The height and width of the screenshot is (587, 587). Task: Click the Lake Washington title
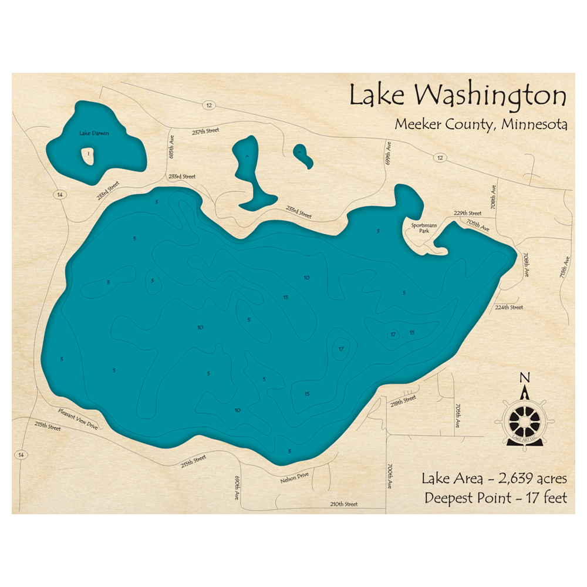458,96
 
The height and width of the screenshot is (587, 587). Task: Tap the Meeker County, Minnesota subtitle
481,125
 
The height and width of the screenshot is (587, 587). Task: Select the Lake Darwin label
94,133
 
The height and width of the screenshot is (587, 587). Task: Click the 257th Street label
205,131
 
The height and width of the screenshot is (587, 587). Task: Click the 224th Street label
508,307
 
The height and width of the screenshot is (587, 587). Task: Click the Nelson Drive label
294,476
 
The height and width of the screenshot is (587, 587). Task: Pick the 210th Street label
343,504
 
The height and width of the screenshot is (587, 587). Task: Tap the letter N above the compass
525,377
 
